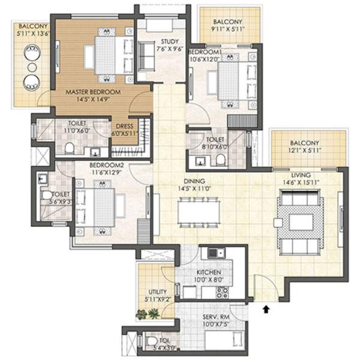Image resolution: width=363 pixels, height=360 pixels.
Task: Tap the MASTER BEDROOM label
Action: tap(92, 92)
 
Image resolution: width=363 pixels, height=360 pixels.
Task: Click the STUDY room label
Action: tap(152, 42)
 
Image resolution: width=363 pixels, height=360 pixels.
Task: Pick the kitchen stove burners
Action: tap(221, 293)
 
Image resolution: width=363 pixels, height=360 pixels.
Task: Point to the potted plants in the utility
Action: tap(148, 313)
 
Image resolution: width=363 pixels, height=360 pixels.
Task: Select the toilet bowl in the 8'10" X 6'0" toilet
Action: tap(220, 159)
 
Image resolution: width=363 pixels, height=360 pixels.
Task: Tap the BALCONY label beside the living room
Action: tap(305, 143)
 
